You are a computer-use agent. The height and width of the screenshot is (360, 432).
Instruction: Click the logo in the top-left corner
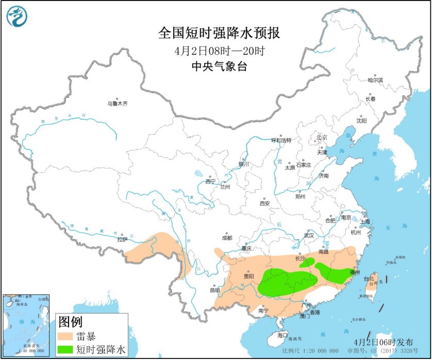(x=16, y=17)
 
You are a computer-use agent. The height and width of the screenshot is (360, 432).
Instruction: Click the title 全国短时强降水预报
(x=219, y=34)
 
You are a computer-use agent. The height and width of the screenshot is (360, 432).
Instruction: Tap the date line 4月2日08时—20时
(x=219, y=51)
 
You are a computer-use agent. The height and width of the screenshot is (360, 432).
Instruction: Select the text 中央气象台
(x=219, y=67)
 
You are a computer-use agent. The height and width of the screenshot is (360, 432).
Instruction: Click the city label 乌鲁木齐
(x=117, y=104)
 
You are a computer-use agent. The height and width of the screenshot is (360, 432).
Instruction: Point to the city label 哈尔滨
(x=375, y=80)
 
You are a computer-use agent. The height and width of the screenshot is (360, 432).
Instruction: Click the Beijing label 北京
(x=322, y=137)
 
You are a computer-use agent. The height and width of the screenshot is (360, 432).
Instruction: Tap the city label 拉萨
(x=122, y=239)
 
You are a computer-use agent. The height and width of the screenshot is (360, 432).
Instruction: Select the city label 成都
(x=227, y=238)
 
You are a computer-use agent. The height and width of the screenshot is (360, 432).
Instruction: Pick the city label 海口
(x=282, y=335)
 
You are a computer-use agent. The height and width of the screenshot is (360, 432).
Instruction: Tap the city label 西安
(x=264, y=203)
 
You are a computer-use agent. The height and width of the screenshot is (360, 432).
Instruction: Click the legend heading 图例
(x=70, y=323)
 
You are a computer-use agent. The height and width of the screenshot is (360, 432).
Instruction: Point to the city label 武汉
(x=309, y=235)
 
